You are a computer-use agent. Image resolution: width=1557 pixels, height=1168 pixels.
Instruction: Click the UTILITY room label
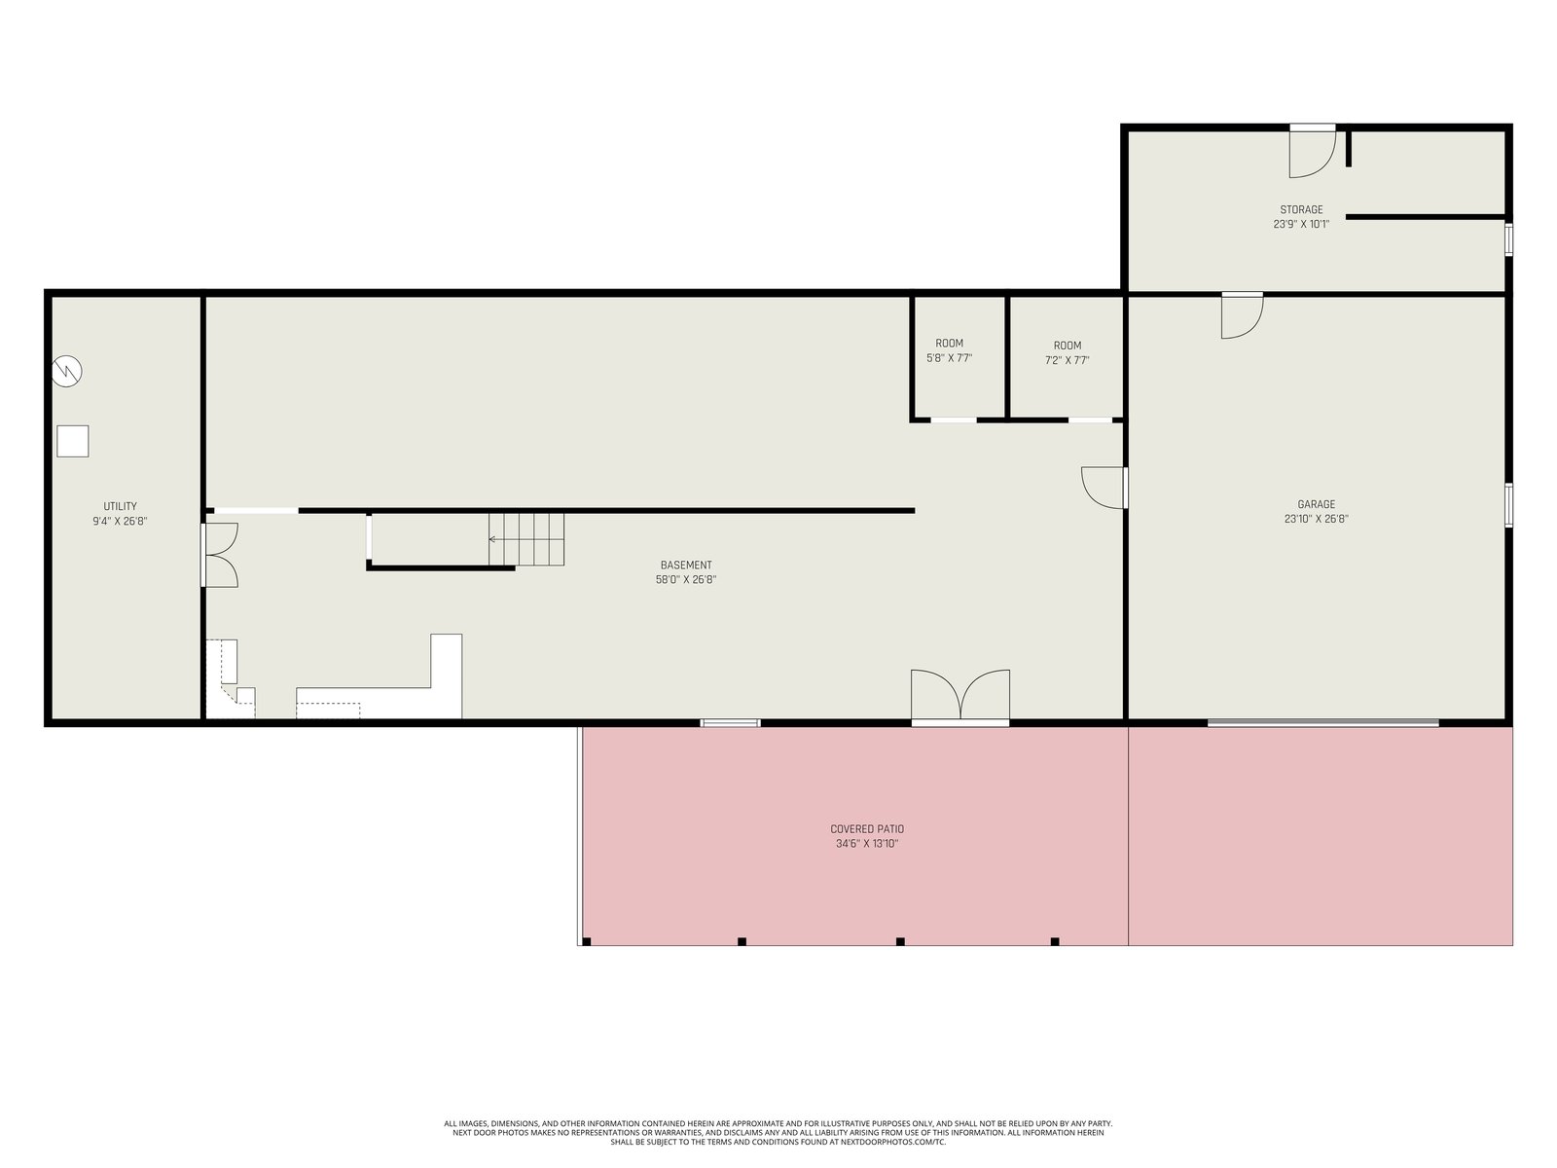pyautogui.click(x=120, y=505)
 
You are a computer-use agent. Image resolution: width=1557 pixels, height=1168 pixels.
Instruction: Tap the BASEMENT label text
pyautogui.click(x=685, y=565)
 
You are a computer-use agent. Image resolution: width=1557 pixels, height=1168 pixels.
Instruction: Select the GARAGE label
pyautogui.click(x=1316, y=504)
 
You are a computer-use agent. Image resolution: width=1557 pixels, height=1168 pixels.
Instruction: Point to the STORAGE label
pyautogui.click(x=1301, y=209)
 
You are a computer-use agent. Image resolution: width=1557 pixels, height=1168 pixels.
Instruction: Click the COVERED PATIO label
pyautogui.click(x=867, y=828)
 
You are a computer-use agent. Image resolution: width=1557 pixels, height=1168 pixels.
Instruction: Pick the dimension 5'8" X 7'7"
pyautogui.click(x=949, y=358)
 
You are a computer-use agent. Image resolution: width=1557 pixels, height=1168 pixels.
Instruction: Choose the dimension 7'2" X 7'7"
pyautogui.click(x=1067, y=360)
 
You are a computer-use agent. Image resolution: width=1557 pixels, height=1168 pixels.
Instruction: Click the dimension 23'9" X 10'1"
pyautogui.click(x=1301, y=224)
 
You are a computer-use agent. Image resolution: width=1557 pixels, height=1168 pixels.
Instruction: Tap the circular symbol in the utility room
pyautogui.click(x=67, y=371)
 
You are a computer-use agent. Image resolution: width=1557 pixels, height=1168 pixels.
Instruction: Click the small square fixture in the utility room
pyautogui.click(x=72, y=441)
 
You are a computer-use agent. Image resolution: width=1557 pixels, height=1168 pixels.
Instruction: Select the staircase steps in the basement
pyautogui.click(x=526, y=539)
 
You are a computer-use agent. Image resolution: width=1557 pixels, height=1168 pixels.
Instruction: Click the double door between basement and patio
pyautogui.click(x=960, y=697)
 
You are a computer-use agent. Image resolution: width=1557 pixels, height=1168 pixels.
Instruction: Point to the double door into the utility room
pyautogui.click(x=219, y=555)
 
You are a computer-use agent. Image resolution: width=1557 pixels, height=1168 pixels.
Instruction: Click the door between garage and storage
pyautogui.click(x=1242, y=315)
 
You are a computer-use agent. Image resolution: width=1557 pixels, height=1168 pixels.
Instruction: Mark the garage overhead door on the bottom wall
pyautogui.click(x=1322, y=722)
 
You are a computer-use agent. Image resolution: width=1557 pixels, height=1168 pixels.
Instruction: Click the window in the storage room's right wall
pyautogui.click(x=1508, y=239)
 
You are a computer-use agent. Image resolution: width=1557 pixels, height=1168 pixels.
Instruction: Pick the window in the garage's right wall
pyautogui.click(x=1508, y=505)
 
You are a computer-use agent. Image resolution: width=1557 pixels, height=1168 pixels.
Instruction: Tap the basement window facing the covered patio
pyautogui.click(x=730, y=722)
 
